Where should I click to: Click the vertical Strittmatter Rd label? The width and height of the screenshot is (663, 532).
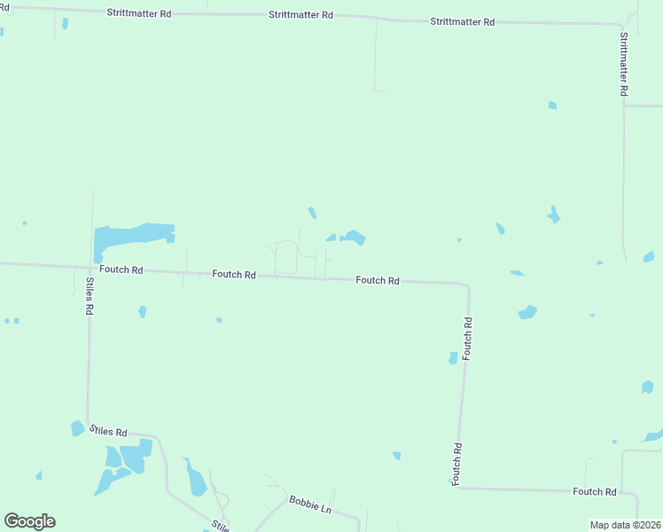pos(624,64)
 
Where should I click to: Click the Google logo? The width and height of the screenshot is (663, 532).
pos(29,521)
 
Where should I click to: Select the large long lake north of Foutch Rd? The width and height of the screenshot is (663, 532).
pos(133,235)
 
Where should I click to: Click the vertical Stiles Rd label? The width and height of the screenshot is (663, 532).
pos(90,297)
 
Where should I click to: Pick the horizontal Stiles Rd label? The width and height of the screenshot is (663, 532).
pos(107,432)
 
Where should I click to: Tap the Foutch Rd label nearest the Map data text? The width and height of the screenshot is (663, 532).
pos(594,491)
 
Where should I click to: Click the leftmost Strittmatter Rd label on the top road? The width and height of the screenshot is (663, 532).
pos(138,13)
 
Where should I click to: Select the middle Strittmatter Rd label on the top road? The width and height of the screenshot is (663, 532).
pos(301,15)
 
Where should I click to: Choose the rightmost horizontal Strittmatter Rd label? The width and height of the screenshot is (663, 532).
pos(462,20)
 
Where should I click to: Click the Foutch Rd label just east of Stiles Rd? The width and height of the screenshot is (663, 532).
pos(121,270)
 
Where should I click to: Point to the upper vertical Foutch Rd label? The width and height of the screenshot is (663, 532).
pos(467,338)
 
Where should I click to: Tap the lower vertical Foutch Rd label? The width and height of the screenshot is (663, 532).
pos(457,464)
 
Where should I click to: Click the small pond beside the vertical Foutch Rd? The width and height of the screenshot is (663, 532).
pos(453,357)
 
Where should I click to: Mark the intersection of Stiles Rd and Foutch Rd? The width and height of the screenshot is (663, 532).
pos(90,266)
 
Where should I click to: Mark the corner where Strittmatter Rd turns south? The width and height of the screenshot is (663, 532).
pos(620,25)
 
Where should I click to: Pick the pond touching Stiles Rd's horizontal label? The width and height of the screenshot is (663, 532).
pos(77,428)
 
